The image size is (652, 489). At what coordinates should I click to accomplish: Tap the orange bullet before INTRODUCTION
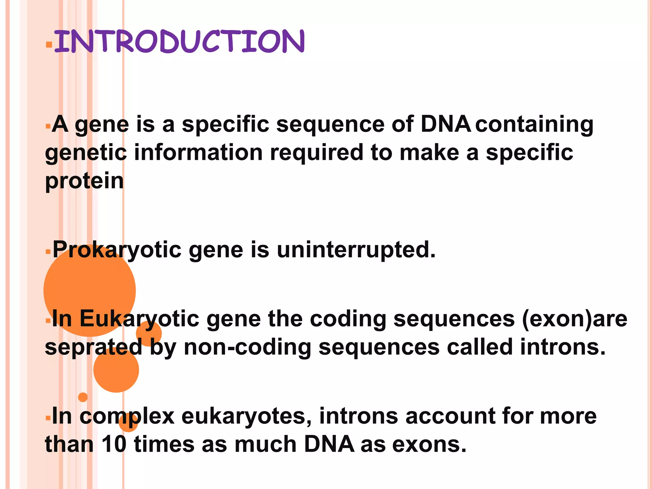pyautogui.click(x=49, y=44)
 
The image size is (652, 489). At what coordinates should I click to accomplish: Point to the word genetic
pyautogui.click(x=86, y=153)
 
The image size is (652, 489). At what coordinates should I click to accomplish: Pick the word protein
pyautogui.click(x=84, y=181)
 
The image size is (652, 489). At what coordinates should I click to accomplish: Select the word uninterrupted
pyautogui.click(x=356, y=250)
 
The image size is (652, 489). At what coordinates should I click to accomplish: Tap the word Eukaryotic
pyautogui.click(x=139, y=319)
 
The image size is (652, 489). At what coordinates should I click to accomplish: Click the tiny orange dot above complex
pyautogui.click(x=83, y=397)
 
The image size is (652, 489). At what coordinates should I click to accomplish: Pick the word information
pyautogui.click(x=198, y=153)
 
